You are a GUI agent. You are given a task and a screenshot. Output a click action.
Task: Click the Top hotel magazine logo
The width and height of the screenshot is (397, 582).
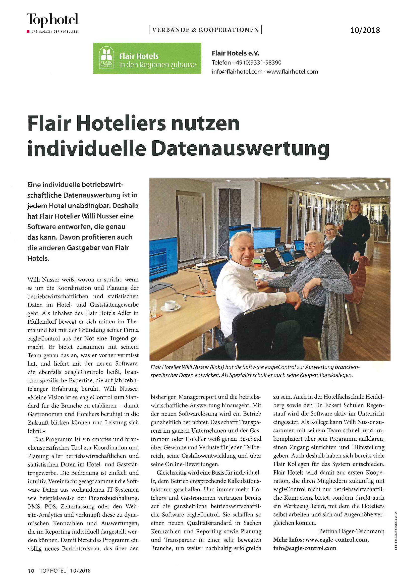tap(52, 20)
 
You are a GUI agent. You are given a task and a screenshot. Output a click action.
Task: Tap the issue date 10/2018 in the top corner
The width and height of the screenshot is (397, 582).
tap(365, 30)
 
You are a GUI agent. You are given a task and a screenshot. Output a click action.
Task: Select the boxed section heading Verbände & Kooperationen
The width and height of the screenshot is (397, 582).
tap(205, 30)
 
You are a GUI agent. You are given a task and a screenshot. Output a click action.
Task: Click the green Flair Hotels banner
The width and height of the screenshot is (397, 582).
tap(147, 58)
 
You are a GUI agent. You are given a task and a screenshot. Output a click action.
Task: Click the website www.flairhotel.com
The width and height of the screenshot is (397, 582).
tap(292, 72)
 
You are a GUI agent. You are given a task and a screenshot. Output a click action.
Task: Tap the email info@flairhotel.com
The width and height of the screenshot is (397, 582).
tap(237, 72)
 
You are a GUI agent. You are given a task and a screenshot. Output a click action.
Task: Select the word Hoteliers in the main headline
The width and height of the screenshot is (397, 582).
tap(121, 124)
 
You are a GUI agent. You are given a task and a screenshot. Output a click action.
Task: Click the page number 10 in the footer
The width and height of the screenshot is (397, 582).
tap(31, 571)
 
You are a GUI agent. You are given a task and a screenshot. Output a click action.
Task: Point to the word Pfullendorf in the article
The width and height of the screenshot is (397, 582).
tap(42, 322)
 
